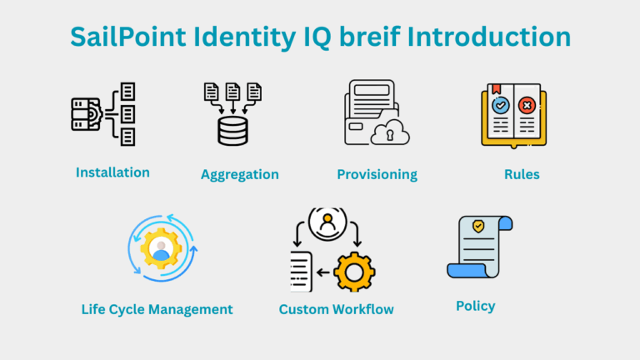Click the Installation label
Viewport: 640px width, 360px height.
coord(112,172)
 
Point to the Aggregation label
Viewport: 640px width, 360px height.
coord(239,175)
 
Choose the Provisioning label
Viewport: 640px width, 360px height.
coord(377,175)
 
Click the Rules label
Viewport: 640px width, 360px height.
coord(522,174)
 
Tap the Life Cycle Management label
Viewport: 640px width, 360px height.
coord(157,309)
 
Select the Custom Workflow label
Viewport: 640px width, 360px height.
coord(336,310)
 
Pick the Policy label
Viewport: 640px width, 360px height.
coord(475,306)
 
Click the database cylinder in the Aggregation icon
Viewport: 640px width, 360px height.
coord(233,132)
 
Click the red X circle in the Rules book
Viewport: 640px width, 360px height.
coord(526,106)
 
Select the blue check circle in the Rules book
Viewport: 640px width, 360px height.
coord(501,106)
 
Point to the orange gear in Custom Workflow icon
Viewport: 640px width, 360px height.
coord(354,271)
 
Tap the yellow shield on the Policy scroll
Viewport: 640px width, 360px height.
coord(478,227)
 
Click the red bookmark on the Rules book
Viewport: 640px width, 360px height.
coord(494,88)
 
